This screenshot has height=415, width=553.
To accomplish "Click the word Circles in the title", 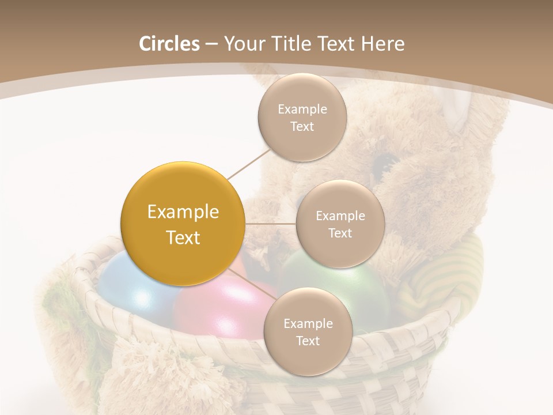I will coord(169,44).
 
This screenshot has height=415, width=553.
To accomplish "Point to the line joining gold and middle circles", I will coord(271,224).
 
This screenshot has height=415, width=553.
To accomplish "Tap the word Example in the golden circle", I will coord(183,212).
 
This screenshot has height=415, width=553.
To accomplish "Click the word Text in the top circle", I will coord(302,127).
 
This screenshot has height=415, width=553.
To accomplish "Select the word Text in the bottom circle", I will coord(308,341).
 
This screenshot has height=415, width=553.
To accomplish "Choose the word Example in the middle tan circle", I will coord(340,216).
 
